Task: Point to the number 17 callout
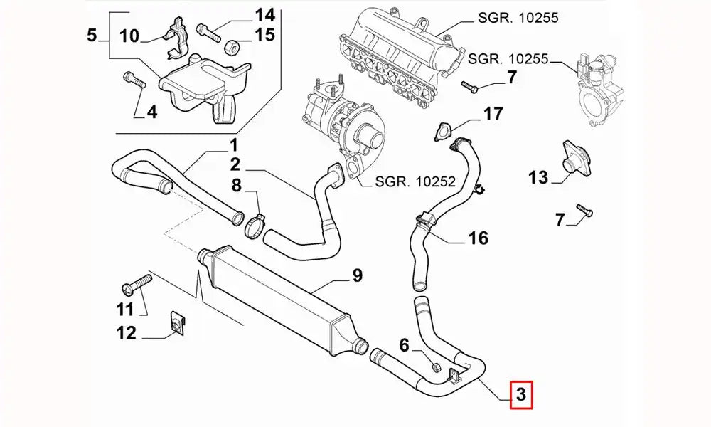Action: tap(493, 114)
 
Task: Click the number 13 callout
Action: tap(538, 177)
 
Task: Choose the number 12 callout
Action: tap(126, 332)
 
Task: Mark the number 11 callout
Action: tap(125, 309)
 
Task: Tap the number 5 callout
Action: tap(91, 34)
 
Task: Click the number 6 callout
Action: tap(404, 346)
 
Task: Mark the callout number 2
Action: tap(235, 165)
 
